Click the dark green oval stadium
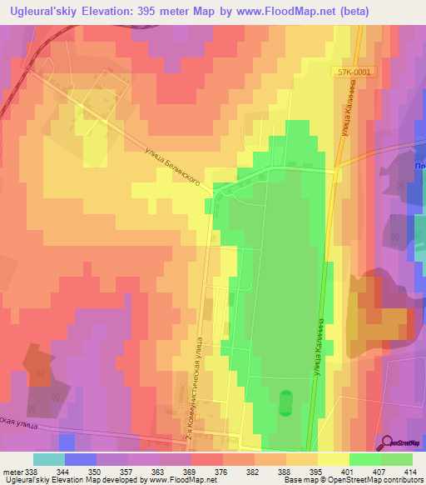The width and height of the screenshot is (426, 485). point(286,403)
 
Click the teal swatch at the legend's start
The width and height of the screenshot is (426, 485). point(48,459)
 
